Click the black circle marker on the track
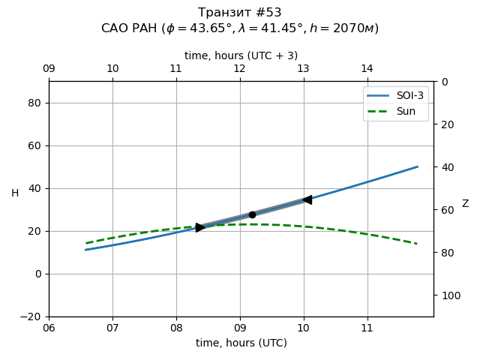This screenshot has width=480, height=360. (252, 214)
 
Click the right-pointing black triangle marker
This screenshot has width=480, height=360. (200, 227)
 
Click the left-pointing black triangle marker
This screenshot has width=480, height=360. (307, 199)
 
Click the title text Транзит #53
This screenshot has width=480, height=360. (240, 13)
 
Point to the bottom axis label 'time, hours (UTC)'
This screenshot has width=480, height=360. (241, 343)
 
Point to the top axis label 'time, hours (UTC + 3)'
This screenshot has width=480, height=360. (241, 55)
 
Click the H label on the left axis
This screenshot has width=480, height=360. (15, 193)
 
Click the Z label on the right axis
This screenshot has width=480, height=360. (465, 204)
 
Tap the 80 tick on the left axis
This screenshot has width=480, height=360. (33, 103)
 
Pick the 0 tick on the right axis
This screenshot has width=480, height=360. (442, 82)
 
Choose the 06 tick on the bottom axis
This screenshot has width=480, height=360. (49, 328)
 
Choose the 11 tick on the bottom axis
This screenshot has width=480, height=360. (367, 328)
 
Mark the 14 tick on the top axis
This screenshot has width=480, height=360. (367, 69)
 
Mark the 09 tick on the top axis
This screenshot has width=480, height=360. (49, 69)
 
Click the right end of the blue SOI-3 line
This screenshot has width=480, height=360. (418, 166)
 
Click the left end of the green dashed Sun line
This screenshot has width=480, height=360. (86, 243)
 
